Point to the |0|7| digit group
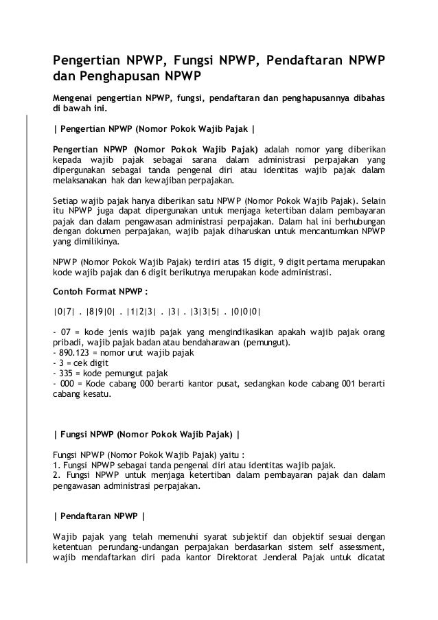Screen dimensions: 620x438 tap(65, 310)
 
